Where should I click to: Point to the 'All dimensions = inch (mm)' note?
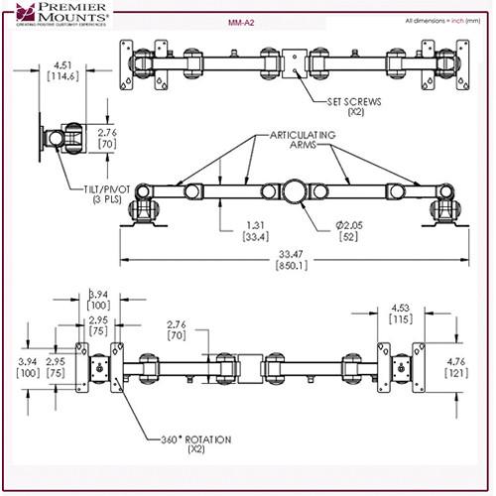[442, 19]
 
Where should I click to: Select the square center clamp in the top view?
[296, 62]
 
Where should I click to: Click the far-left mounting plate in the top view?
[126, 63]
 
